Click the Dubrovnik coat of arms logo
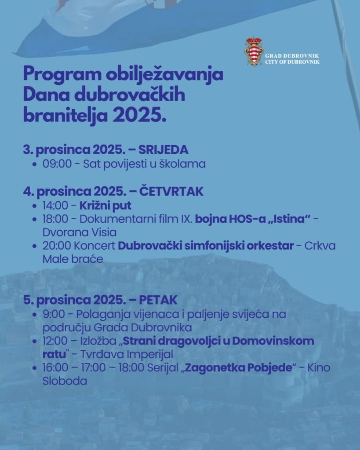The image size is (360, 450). tap(253, 52)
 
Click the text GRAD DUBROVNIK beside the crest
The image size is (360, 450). tap(292, 56)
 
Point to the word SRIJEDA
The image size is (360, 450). tap(163, 150)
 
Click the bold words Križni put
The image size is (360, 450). tap(105, 206)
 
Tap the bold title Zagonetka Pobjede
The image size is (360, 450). tap(239, 368)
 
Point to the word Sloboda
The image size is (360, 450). tap(65, 381)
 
